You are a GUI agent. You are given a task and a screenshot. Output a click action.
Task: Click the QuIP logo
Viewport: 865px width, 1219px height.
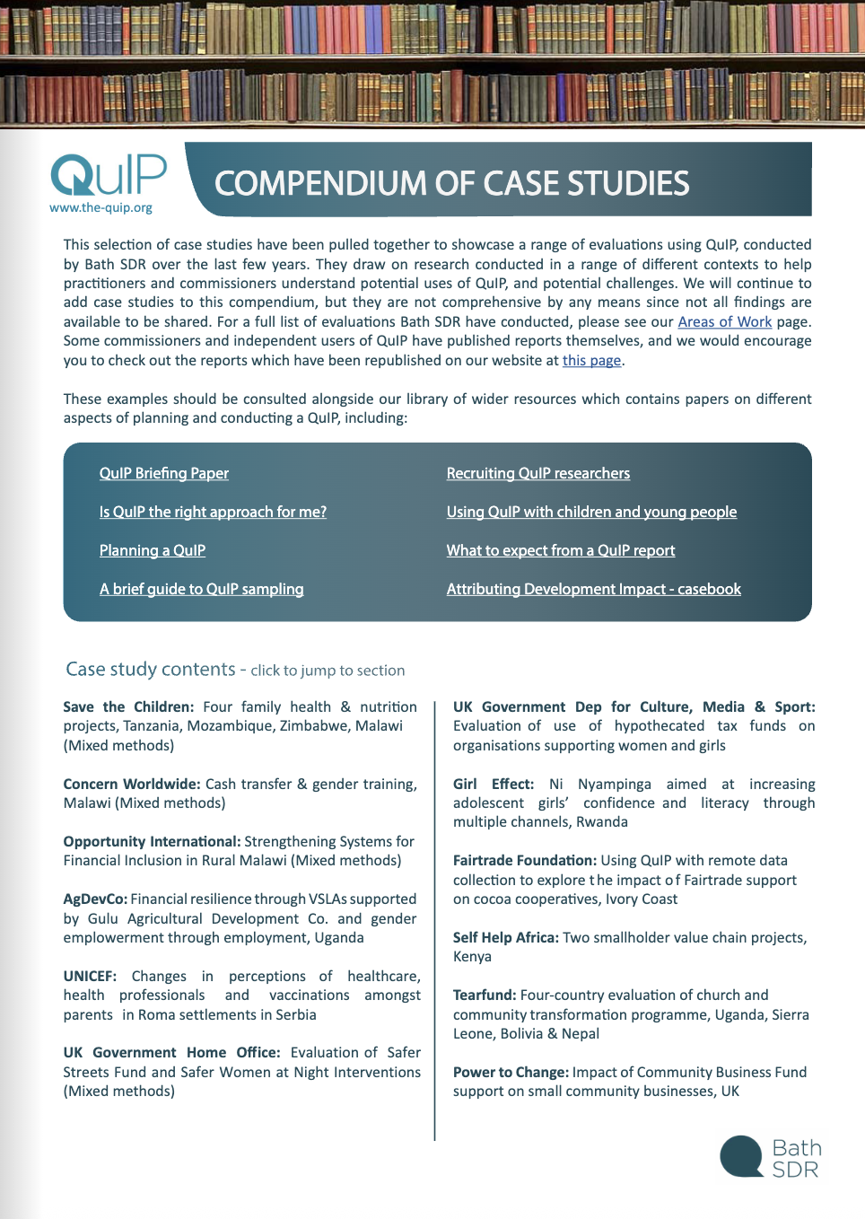(x=108, y=175)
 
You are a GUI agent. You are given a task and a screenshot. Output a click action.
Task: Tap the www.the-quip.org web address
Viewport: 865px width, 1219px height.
(x=100, y=207)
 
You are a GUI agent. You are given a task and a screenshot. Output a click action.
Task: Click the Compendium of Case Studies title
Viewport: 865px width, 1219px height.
(x=451, y=183)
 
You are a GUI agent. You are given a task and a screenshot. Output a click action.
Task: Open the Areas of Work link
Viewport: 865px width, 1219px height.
(x=724, y=321)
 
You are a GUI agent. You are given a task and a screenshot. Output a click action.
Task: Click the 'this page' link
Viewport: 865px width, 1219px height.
(x=591, y=360)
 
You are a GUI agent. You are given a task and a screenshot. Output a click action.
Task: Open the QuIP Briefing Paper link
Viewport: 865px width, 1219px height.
(x=163, y=473)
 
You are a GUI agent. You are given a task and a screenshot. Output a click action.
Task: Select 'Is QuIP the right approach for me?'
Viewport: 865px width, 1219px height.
(x=213, y=512)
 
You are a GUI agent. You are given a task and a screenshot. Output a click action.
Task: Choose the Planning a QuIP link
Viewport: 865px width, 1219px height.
(x=152, y=550)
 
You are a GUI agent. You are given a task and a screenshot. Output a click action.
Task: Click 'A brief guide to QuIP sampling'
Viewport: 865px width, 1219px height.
(x=201, y=589)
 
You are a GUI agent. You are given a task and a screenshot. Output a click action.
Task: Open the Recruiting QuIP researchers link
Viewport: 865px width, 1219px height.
(x=537, y=473)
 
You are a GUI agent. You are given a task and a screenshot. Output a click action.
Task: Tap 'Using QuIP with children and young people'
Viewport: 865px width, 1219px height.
(x=591, y=512)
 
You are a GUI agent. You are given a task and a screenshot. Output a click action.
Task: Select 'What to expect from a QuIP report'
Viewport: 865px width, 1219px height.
(x=560, y=550)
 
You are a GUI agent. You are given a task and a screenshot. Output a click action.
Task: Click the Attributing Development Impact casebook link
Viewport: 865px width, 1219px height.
(x=593, y=589)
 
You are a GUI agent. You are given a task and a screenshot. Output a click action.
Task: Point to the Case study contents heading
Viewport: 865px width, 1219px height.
(x=150, y=669)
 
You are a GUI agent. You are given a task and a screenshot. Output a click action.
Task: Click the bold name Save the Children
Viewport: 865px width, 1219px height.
(x=128, y=706)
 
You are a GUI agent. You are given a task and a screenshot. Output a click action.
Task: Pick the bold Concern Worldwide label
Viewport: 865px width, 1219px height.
(x=132, y=784)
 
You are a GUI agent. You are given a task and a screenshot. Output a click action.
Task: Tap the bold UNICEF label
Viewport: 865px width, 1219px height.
(x=90, y=976)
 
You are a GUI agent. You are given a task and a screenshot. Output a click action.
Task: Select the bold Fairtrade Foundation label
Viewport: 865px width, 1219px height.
(x=524, y=860)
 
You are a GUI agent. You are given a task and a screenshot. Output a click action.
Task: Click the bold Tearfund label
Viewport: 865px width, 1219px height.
(x=485, y=995)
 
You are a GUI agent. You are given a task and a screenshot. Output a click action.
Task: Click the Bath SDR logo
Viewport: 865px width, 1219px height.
(x=771, y=1157)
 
